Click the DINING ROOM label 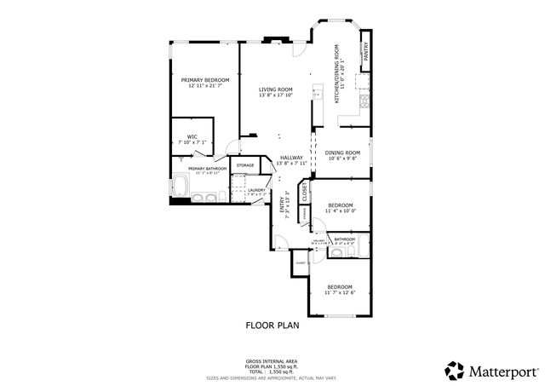341,153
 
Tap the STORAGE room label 245,164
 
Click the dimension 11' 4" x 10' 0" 341,212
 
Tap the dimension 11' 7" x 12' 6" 340,293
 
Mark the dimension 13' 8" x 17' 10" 276,95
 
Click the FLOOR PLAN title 272,325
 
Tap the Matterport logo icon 454,370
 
